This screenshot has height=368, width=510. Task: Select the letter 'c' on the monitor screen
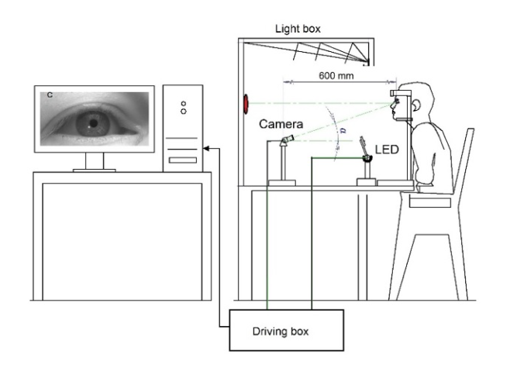point(50,95)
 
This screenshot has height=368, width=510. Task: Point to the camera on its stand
point(285,143)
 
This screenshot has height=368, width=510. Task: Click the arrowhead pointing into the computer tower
point(205,148)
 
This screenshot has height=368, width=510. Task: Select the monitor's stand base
point(94,167)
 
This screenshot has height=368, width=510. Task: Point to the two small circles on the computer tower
point(183,105)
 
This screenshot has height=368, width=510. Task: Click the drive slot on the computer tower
point(183,160)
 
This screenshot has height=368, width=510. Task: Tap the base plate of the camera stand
point(283,183)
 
